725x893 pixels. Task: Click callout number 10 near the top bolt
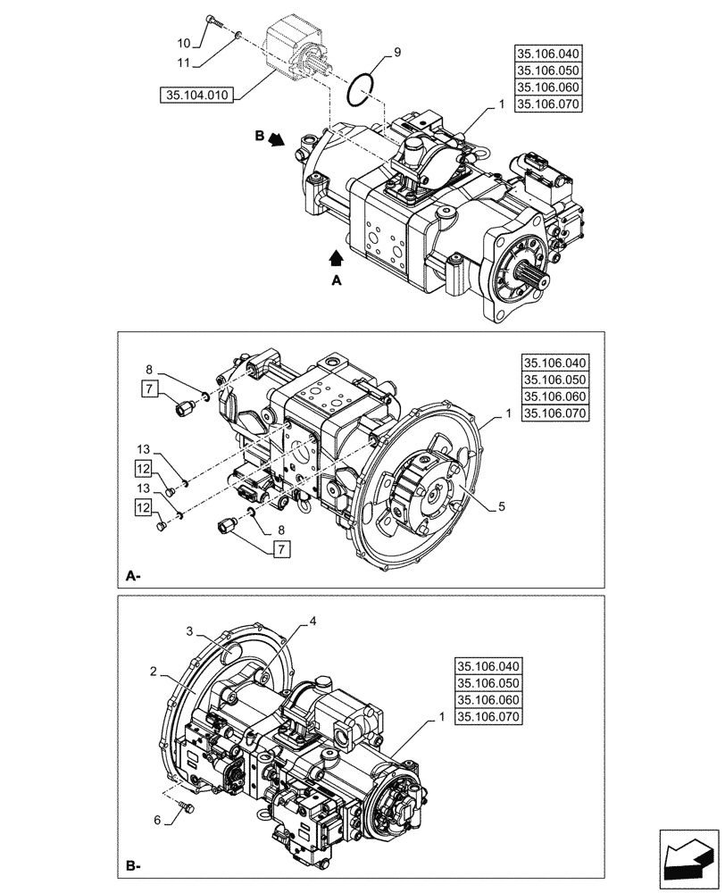coord(182,43)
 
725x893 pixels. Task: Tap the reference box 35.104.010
coord(196,95)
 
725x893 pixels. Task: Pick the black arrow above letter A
coord(336,258)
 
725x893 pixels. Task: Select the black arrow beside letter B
coord(278,139)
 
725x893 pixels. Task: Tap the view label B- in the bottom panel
coord(134,866)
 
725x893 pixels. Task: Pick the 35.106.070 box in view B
coord(488,717)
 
